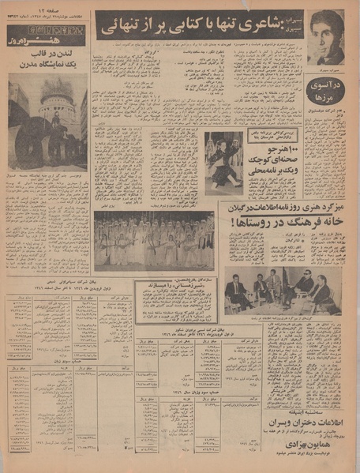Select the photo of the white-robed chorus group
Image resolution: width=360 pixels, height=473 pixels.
pyautogui.click(x=154, y=240)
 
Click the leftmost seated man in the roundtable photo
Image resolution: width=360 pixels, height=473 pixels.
pyautogui.click(x=234, y=290)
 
